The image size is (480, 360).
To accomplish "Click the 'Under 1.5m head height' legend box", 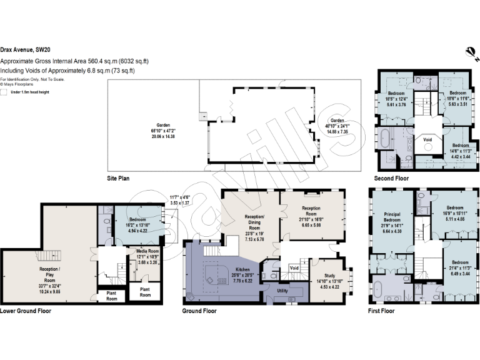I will click(5, 91).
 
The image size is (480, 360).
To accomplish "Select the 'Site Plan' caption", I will click(119, 178).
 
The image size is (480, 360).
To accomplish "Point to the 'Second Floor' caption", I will click(391, 177).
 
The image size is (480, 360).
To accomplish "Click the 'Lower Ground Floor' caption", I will click(26, 311).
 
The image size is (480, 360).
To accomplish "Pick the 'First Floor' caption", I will click(381, 311).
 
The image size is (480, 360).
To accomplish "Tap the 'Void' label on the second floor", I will click(427, 140).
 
